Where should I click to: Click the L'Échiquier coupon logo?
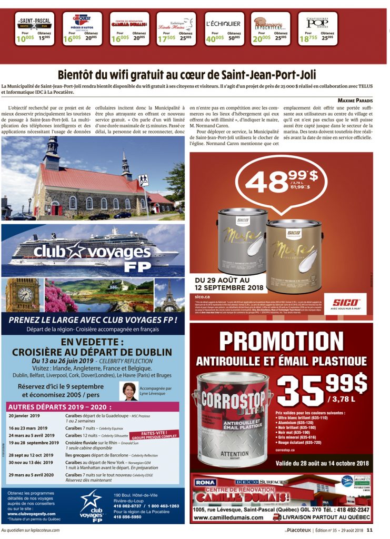point(223,24)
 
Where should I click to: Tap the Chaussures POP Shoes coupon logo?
point(321,23)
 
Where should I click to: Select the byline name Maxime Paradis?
point(355,100)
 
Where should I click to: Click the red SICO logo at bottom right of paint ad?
point(345,302)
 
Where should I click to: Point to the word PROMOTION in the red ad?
point(281,341)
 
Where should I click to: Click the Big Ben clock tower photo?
point(22,295)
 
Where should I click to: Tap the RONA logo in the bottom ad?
point(206,482)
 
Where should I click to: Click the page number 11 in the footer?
point(369,531)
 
